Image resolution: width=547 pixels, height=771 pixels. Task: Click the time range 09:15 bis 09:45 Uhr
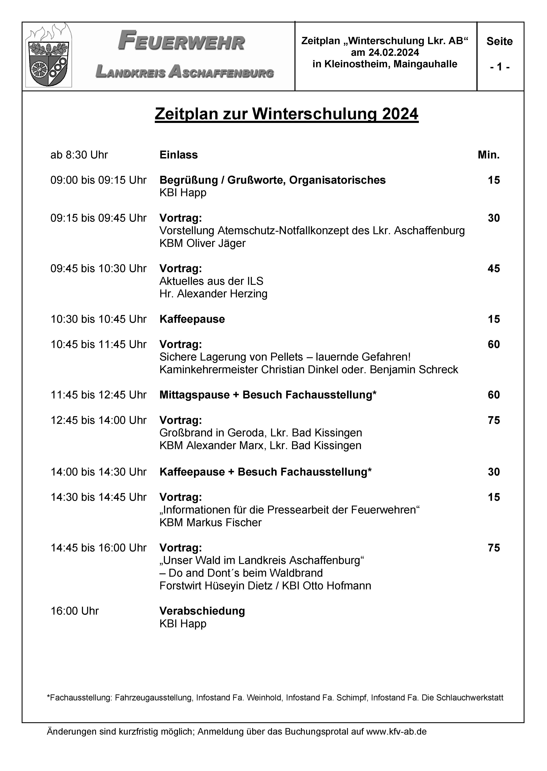[98, 218]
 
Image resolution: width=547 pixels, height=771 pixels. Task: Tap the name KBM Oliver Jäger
[202, 243]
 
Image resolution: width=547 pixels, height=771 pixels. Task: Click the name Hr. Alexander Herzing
[213, 294]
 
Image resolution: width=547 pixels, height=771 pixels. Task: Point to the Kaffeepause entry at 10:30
[192, 319]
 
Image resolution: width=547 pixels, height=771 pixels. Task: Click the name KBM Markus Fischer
[210, 523]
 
